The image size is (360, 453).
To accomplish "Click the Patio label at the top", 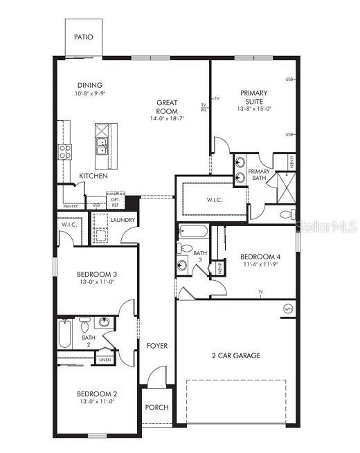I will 83,37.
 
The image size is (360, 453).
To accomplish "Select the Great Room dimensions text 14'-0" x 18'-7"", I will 166,119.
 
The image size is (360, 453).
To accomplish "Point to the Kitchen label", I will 93,176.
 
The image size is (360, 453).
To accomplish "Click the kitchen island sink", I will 101,148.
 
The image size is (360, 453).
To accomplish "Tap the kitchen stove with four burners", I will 65,151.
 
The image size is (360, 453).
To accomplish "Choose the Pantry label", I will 71,206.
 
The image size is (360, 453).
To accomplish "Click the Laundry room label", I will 123,221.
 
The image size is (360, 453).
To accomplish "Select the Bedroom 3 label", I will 96,274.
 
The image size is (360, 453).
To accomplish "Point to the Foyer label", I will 156,346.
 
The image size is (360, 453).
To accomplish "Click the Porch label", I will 156,407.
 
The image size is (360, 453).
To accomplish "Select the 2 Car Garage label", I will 236,355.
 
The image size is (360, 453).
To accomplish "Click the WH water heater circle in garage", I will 288,308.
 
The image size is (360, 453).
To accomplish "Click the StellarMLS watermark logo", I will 327,226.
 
